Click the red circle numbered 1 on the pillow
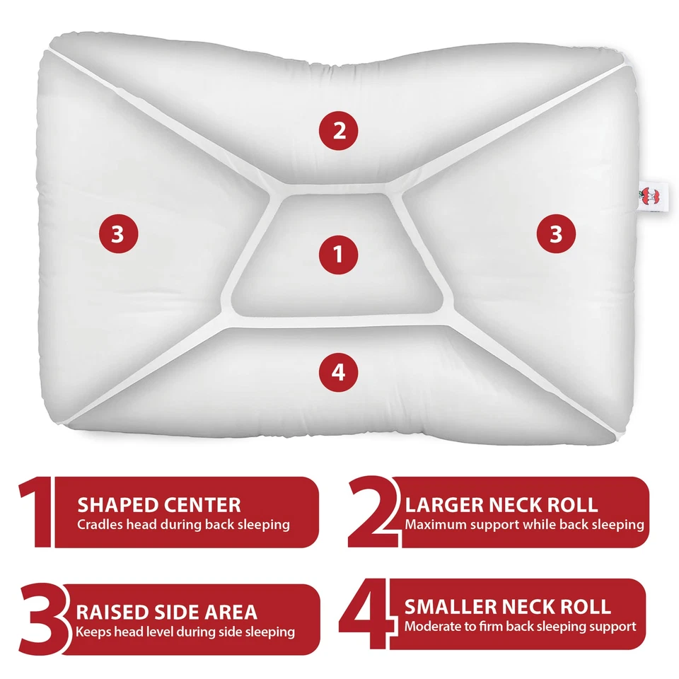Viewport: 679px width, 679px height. (339, 255)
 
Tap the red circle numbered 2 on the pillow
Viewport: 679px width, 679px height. (339, 131)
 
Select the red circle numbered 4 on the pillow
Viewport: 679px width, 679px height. (339, 371)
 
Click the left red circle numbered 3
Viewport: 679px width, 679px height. (117, 233)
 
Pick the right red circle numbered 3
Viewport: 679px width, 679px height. (556, 233)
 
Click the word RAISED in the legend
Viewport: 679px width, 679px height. (112, 612)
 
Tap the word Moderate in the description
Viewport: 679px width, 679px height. (431, 626)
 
